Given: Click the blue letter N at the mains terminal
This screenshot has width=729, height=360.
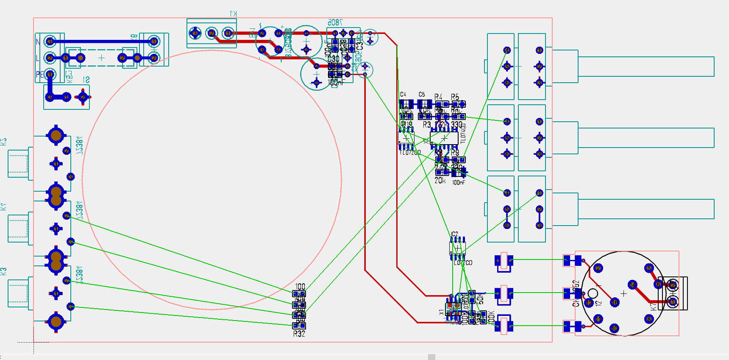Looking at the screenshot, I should point(38,42).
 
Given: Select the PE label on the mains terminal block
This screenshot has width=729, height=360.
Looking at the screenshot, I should point(39,75).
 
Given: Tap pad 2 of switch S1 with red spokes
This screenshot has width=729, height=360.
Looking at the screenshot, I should point(83,97).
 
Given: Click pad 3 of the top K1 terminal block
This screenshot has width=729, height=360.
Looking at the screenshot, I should point(195,33).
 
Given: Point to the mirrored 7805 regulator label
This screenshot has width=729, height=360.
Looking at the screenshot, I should point(335,22).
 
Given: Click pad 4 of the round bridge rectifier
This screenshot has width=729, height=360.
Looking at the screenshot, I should point(278,50).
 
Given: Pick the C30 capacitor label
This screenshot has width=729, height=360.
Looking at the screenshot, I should point(334,59).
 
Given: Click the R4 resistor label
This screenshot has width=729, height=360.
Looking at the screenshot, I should point(438,97).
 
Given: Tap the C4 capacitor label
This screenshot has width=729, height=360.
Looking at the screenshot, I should point(403,95).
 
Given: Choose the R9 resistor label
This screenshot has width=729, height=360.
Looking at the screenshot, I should point(455,152).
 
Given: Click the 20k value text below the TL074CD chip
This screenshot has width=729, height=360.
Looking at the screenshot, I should point(440,181).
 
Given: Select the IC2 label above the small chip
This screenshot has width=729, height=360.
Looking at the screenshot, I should point(454,234).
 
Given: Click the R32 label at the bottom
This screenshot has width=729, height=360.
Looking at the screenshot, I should point(299,334).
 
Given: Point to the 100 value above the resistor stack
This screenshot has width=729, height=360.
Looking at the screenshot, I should point(300,287).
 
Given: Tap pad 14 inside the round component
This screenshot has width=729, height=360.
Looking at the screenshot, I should point(632,285).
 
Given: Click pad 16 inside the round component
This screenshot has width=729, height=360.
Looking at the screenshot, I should point(615,302).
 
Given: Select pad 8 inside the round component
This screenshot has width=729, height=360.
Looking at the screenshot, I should point(649,319).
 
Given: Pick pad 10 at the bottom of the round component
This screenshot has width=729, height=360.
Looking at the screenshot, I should point(615,328).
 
